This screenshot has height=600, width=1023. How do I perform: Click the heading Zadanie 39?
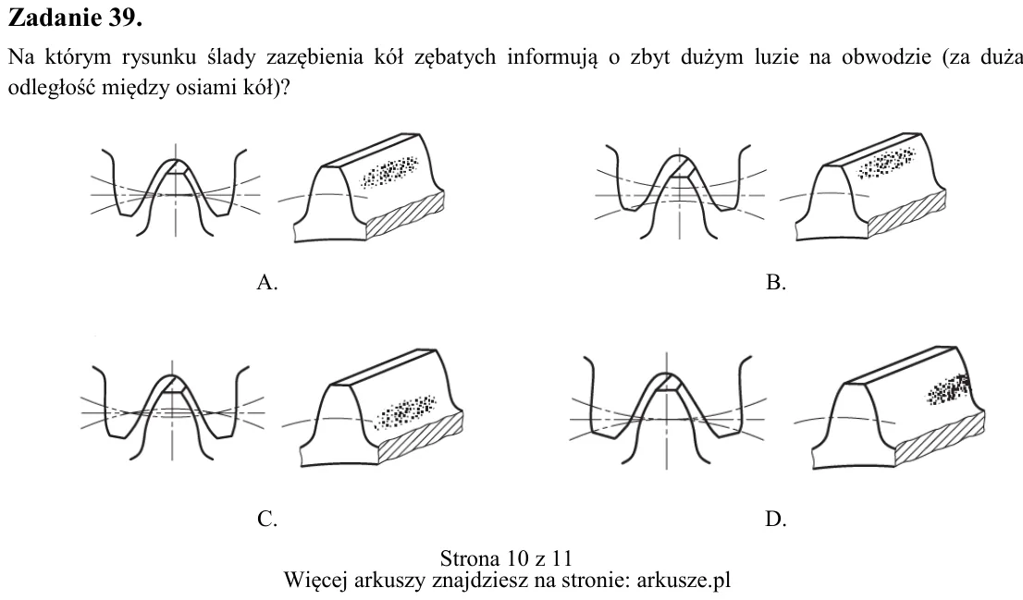tap(75, 18)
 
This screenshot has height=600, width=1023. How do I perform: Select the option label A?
tap(267, 282)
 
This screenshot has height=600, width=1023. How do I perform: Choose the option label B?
tap(776, 282)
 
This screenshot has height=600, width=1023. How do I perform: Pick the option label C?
tap(267, 520)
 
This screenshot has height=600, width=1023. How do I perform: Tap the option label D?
tap(776, 520)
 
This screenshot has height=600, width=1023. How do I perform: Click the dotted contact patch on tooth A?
tap(389, 171)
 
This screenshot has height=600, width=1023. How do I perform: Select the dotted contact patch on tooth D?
tap(950, 388)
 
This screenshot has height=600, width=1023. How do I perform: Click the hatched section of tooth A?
tap(406, 214)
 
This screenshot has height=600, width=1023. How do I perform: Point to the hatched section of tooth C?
tap(422, 437)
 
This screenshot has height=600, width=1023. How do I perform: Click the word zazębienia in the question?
tap(314, 58)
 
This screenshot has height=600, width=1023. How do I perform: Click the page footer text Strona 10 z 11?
tap(506, 558)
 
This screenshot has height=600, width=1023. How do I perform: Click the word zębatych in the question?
tap(456, 58)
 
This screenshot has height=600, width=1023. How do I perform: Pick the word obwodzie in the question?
tap(886, 57)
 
